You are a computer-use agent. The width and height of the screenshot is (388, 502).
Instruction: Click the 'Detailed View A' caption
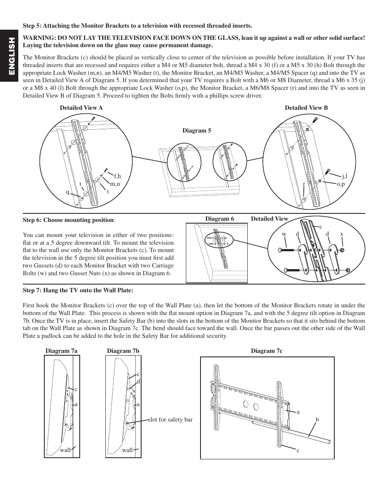tap(81, 108)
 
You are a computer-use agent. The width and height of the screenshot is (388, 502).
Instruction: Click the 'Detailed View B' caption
tap(306, 108)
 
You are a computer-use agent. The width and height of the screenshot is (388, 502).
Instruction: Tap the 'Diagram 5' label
tap(196, 130)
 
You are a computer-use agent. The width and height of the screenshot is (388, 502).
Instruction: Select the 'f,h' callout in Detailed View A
tap(117, 176)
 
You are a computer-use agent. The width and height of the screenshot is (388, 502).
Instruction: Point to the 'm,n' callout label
tap(115, 184)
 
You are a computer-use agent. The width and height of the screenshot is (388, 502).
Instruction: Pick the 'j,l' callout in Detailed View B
tap(344, 176)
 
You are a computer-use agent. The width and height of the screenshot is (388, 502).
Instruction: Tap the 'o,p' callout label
tap(340, 184)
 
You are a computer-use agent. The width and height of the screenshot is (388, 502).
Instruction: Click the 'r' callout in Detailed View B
tap(303, 184)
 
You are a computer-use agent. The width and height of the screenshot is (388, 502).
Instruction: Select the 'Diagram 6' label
tap(219, 219)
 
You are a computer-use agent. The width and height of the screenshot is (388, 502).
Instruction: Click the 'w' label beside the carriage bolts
tap(284, 234)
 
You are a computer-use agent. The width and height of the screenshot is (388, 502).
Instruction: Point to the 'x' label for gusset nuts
tap(342, 234)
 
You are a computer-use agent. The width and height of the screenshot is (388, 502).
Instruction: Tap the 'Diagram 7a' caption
tap(61, 350)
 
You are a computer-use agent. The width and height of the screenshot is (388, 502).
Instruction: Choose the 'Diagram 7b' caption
tap(123, 350)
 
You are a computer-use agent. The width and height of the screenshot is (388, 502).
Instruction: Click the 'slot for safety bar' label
tap(170, 419)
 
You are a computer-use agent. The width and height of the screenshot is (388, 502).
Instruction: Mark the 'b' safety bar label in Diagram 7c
tap(317, 419)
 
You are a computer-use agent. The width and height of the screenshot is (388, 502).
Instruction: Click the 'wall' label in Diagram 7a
tap(65, 450)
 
